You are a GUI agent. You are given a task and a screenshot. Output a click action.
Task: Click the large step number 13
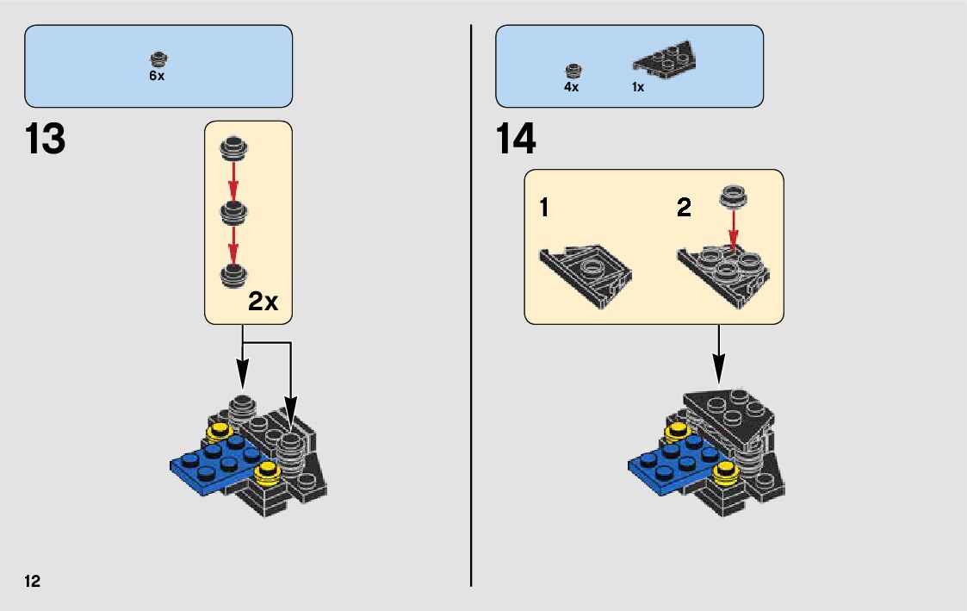click(x=46, y=140)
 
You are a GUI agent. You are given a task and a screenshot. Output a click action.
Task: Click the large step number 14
click(x=517, y=140)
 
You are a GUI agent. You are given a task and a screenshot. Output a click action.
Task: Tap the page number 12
click(x=33, y=580)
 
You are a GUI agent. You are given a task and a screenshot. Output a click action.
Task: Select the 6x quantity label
click(x=157, y=76)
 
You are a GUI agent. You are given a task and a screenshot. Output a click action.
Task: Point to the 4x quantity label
click(x=572, y=87)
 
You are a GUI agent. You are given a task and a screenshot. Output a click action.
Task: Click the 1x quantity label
click(x=638, y=87)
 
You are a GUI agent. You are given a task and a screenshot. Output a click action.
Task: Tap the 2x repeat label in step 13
click(x=263, y=302)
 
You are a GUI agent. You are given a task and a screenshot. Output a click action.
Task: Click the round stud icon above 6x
click(x=158, y=59)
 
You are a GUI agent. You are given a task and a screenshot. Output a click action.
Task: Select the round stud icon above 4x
click(x=573, y=70)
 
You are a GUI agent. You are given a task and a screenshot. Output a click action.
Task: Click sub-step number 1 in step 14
click(x=544, y=208)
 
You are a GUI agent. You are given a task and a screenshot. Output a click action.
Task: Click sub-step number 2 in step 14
click(x=684, y=208)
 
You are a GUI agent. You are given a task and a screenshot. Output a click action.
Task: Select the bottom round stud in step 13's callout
click(x=232, y=275)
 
